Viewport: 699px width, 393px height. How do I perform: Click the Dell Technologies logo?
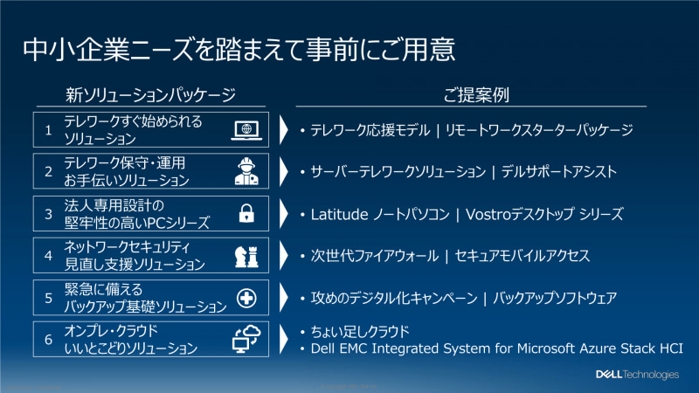point(636,375)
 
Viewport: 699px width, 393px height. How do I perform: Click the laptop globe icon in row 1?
point(246,129)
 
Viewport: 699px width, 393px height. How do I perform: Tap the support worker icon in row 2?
point(246,171)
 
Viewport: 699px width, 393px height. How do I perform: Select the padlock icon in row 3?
point(246,213)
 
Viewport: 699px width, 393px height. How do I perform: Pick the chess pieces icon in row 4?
point(246,255)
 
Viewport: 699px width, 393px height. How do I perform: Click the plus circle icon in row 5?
point(246,299)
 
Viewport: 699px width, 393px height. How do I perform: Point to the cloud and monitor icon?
point(245,340)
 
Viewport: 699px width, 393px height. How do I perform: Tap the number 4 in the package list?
point(50,255)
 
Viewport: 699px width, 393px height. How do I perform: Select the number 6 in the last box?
point(50,340)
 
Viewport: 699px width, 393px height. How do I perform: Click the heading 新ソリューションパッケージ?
point(151,94)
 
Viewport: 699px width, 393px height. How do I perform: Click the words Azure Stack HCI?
point(627,348)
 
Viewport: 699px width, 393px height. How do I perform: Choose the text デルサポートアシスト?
point(560,172)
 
